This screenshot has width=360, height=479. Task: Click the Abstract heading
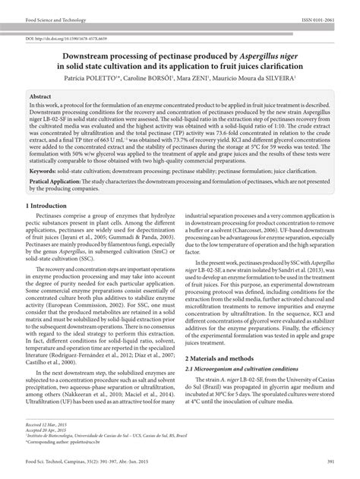40,97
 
